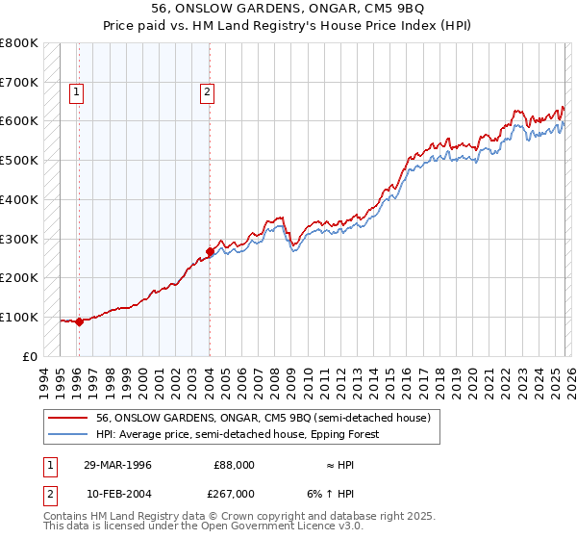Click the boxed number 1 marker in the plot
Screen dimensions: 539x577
tap(77, 92)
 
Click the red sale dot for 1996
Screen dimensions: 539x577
tap(79, 322)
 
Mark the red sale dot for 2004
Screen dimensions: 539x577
tap(210, 252)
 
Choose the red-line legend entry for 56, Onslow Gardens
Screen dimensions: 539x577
tap(268, 418)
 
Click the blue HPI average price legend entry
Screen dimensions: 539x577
tap(238, 434)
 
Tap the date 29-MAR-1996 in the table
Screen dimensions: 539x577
tap(118, 465)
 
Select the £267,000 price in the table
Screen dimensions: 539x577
tap(234, 493)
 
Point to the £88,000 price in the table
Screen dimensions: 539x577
tap(234, 465)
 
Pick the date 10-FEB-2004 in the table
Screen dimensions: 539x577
tap(118, 493)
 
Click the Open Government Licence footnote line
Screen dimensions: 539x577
tap(204, 527)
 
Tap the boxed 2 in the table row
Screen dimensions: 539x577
tap(49, 493)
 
